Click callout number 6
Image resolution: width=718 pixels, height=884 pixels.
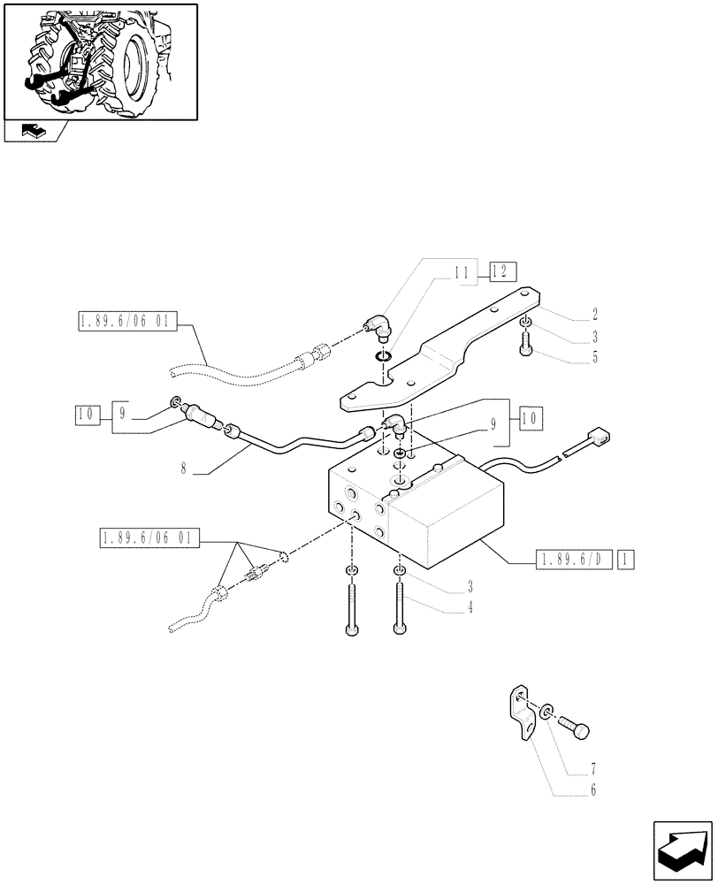593,789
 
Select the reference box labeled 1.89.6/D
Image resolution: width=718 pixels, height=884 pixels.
574,559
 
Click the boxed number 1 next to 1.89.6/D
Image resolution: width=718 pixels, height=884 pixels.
625,559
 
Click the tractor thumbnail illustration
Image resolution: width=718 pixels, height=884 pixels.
101,61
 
